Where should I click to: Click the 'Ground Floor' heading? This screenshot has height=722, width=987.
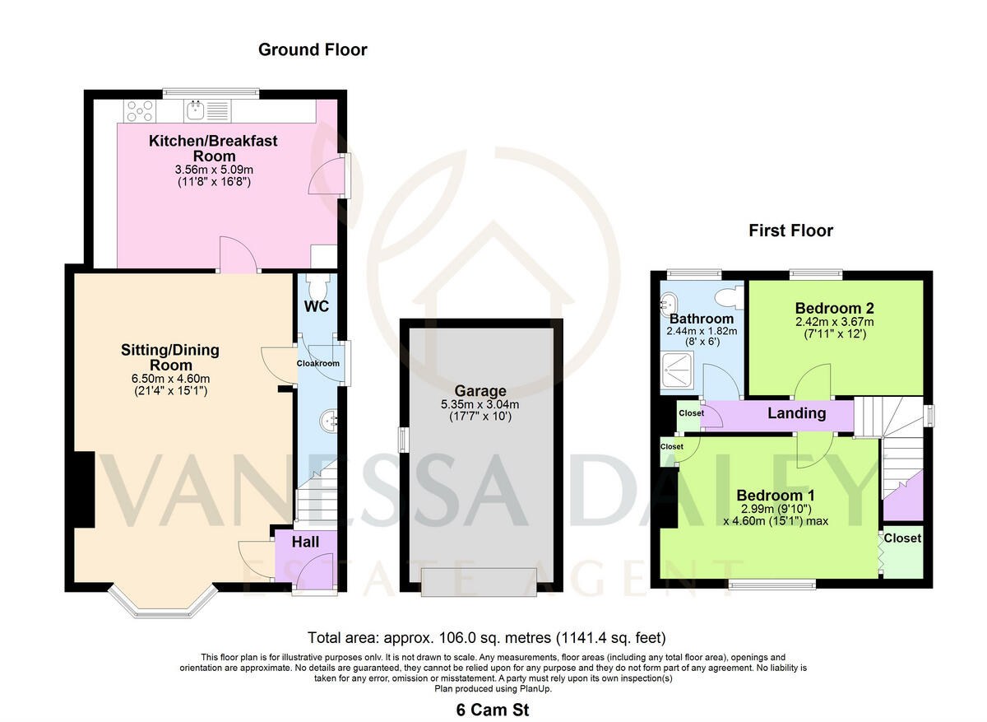tap(313, 50)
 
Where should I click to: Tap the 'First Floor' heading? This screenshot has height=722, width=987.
tap(790, 231)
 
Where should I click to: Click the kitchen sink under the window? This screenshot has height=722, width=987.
tap(197, 110)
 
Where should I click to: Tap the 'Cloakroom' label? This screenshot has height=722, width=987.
tap(318, 363)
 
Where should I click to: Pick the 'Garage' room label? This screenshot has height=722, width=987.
tap(480, 391)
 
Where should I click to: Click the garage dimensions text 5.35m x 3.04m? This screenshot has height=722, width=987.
tap(480, 405)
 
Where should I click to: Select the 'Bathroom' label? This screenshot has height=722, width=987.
tap(701, 319)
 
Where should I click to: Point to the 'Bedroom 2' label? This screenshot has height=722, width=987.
tap(834, 308)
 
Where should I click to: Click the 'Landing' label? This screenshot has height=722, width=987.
tap(796, 413)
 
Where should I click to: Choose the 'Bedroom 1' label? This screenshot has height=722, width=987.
tap(775, 496)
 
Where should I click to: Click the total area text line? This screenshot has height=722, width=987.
tap(486, 637)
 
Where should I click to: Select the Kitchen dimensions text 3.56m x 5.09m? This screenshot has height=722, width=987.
tap(213, 170)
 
